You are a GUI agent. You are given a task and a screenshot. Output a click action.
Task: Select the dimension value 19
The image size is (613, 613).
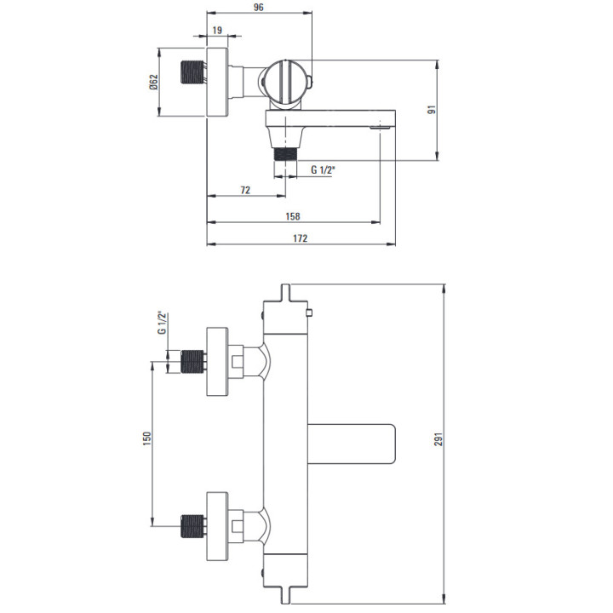click(x=217, y=30)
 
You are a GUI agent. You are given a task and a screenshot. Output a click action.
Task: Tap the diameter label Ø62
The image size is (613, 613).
click(x=153, y=83)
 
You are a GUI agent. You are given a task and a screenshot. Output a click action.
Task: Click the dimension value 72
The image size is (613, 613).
click(x=245, y=190)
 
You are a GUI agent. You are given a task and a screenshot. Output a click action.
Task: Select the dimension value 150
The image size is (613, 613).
click(x=146, y=438)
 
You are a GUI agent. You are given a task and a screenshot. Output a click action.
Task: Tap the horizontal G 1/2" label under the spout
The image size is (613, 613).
click(x=323, y=169)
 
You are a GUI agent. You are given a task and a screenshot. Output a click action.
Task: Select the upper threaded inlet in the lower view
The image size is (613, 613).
click(x=194, y=362)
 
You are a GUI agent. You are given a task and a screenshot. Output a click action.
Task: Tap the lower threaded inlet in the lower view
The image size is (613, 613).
click(x=194, y=527)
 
